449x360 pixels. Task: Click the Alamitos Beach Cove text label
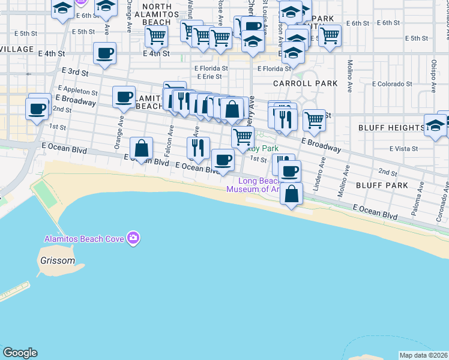pos(84,239)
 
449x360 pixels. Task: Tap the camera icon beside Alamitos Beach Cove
pos(133,239)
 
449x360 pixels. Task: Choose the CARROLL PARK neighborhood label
pos(305,83)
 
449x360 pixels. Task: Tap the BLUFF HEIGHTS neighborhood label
pos(391,128)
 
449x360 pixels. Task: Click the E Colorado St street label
pos(393,84)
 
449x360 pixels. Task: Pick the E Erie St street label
pos(209,77)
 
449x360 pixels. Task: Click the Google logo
pos(20,353)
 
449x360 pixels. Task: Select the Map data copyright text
pos(424,355)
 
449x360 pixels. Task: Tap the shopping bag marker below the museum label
pos(291,194)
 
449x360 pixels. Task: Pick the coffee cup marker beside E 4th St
pos(104,53)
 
